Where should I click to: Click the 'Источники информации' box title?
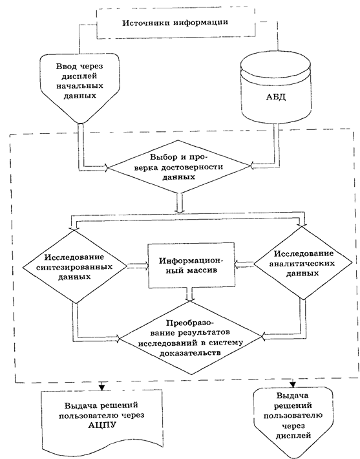click(175, 23)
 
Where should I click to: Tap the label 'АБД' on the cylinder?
click(276, 97)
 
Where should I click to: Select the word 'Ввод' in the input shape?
click(65, 67)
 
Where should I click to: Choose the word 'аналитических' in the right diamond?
click(302, 264)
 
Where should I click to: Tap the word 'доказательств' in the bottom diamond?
click(189, 352)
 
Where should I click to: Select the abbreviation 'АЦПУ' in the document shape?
click(101, 425)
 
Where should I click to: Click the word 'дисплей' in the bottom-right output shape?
click(293, 435)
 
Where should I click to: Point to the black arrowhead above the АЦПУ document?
click(101, 387)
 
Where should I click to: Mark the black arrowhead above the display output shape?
click(293, 385)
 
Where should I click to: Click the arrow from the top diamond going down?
click(180, 202)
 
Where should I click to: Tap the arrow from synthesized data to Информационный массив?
click(138, 266)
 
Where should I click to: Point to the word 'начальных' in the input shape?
click(79, 86)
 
